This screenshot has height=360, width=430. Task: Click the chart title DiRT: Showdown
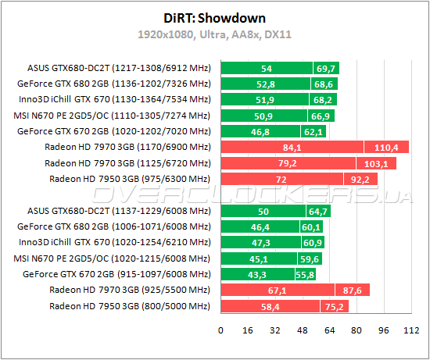[x=215, y=18]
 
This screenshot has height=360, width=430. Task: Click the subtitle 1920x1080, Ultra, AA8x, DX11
[x=215, y=34]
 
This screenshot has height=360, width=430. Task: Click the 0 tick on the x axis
[x=221, y=330]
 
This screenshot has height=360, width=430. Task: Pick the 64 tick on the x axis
[x=328, y=330]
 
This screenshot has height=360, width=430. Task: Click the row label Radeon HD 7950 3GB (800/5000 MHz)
[x=130, y=306]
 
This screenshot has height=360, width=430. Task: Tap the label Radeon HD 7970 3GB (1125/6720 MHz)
[x=128, y=162]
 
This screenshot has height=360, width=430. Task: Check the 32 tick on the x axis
[x=274, y=330]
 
